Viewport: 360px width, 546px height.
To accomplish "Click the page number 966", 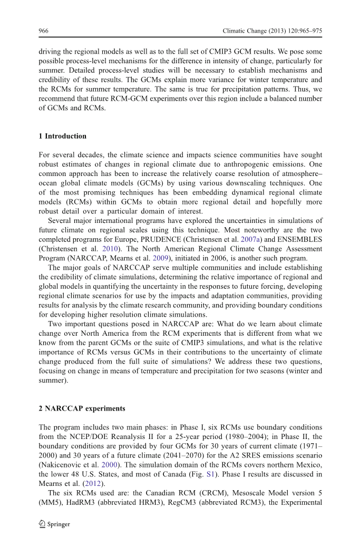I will [44, 31].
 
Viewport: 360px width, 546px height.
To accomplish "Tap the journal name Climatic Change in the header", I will [246, 31].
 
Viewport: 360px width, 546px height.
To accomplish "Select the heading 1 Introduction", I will [63, 136].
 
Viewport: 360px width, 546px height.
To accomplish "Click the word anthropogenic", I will [232, 164].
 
